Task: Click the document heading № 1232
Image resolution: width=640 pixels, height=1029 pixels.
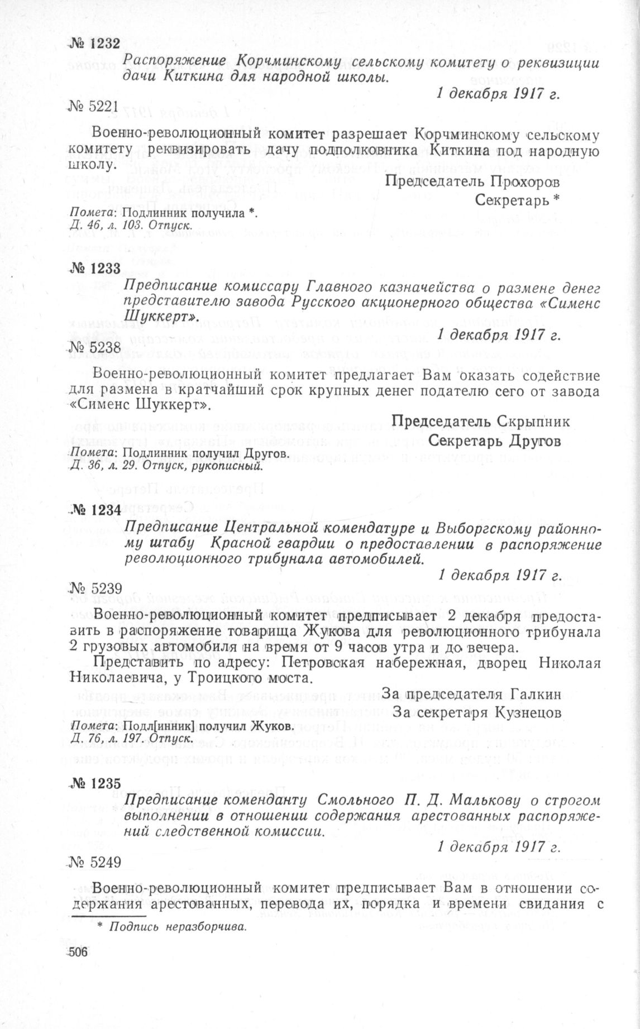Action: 93,45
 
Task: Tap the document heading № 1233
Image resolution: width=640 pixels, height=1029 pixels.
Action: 93,268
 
